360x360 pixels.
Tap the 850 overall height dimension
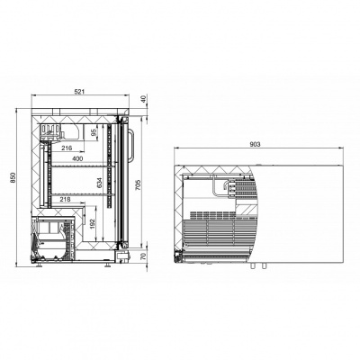tap(13, 178)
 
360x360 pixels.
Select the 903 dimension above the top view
tap(255, 144)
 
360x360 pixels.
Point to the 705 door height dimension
tap(138, 184)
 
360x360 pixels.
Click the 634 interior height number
tap(100, 183)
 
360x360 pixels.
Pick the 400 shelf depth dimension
tap(77, 158)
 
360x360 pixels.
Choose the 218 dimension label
tap(65, 199)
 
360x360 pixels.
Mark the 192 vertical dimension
tap(92, 222)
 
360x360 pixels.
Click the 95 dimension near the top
tap(94, 132)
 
